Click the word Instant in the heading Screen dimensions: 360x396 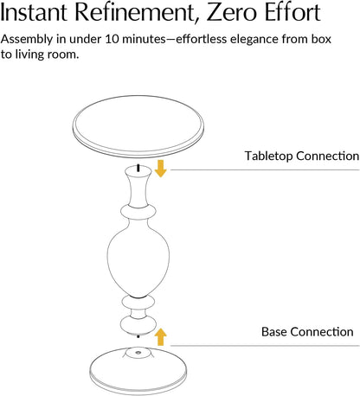[x=34, y=12]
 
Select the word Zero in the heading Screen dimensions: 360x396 [x=231, y=12]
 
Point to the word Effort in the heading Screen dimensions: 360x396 [x=292, y=12]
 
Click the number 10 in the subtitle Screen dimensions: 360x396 [x=112, y=39]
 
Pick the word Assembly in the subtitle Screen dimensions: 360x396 [x=27, y=40]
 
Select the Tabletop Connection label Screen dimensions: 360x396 [x=302, y=156]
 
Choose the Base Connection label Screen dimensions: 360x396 [x=307, y=332]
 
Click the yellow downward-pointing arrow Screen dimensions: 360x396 [x=160, y=169]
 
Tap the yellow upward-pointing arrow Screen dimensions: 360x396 [x=160, y=336]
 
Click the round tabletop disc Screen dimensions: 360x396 [x=138, y=126]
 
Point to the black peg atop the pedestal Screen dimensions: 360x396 [x=138, y=168]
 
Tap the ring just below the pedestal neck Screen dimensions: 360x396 [x=138, y=212]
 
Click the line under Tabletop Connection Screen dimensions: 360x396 [x=265, y=169]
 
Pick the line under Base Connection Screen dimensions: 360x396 [x=265, y=345]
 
